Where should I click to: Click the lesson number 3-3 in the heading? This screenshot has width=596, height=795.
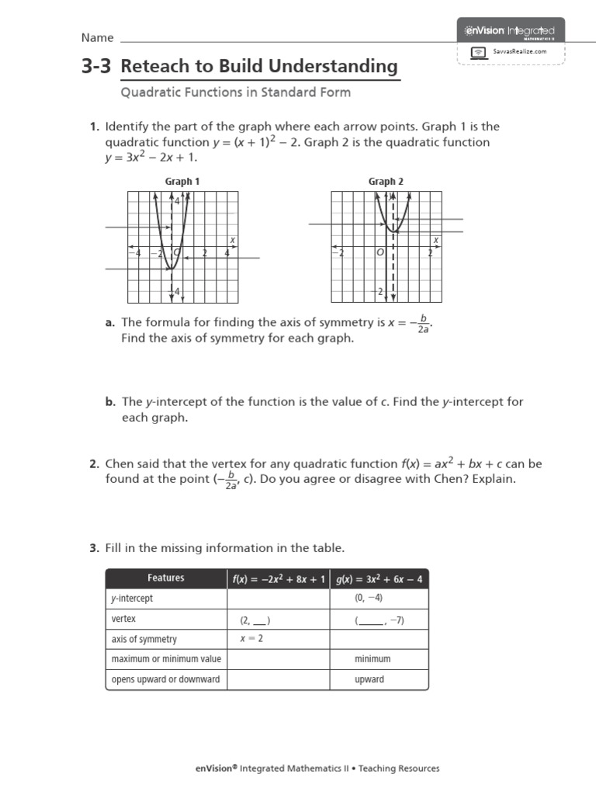point(96,67)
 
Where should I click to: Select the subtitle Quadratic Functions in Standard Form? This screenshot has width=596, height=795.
point(235,92)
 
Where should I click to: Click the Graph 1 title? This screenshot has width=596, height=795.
point(182,182)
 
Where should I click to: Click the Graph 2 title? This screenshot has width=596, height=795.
point(386,182)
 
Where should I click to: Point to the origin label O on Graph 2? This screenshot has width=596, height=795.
point(380,253)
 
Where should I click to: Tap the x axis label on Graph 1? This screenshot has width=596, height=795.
point(232,240)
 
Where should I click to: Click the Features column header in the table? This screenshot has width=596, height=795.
point(166,578)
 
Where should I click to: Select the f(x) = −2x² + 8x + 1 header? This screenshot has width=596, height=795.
point(278,578)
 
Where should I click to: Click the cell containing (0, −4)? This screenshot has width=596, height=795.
point(369,599)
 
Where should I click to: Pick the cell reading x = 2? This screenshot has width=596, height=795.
point(251,638)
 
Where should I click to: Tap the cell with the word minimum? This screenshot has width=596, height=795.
point(372,659)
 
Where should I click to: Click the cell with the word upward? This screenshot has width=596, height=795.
point(369,679)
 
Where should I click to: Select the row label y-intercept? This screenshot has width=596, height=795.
point(132,599)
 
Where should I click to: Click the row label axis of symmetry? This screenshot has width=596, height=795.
point(144,639)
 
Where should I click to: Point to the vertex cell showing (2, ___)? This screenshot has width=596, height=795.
point(255,620)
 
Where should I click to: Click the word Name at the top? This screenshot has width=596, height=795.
point(98,38)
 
